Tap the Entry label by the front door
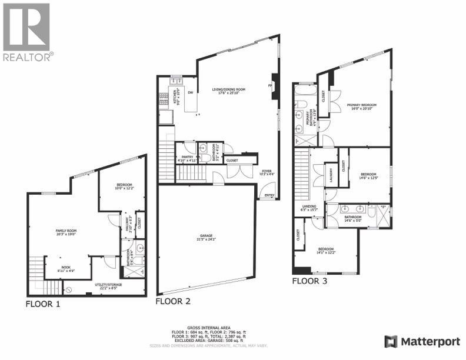tap(269, 195)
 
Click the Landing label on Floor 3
tap(309, 207)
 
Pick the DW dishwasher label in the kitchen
tap(190, 92)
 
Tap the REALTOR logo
tap(27, 32)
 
